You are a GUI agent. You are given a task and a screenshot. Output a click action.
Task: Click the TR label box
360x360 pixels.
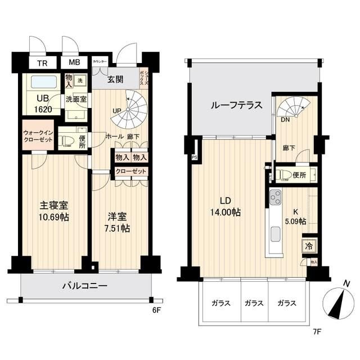(x=42, y=63)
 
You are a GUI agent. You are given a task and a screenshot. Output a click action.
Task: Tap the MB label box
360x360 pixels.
(x=74, y=63)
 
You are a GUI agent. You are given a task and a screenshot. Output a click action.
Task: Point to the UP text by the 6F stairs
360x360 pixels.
(x=116, y=111)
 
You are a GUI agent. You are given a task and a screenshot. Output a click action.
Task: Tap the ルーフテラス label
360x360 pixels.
(x=236, y=105)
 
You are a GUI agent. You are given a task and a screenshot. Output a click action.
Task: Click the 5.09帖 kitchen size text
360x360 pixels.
(x=294, y=221)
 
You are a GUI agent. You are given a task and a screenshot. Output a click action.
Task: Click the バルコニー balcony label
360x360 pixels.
(x=84, y=286)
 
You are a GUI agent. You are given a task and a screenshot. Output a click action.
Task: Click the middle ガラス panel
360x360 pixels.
(x=254, y=303)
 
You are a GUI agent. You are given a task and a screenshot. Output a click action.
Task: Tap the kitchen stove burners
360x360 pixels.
(x=275, y=198)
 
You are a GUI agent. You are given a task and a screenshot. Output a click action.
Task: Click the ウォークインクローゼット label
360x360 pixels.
(x=38, y=137)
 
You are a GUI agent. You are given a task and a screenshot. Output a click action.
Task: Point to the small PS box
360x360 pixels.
(x=195, y=157)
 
